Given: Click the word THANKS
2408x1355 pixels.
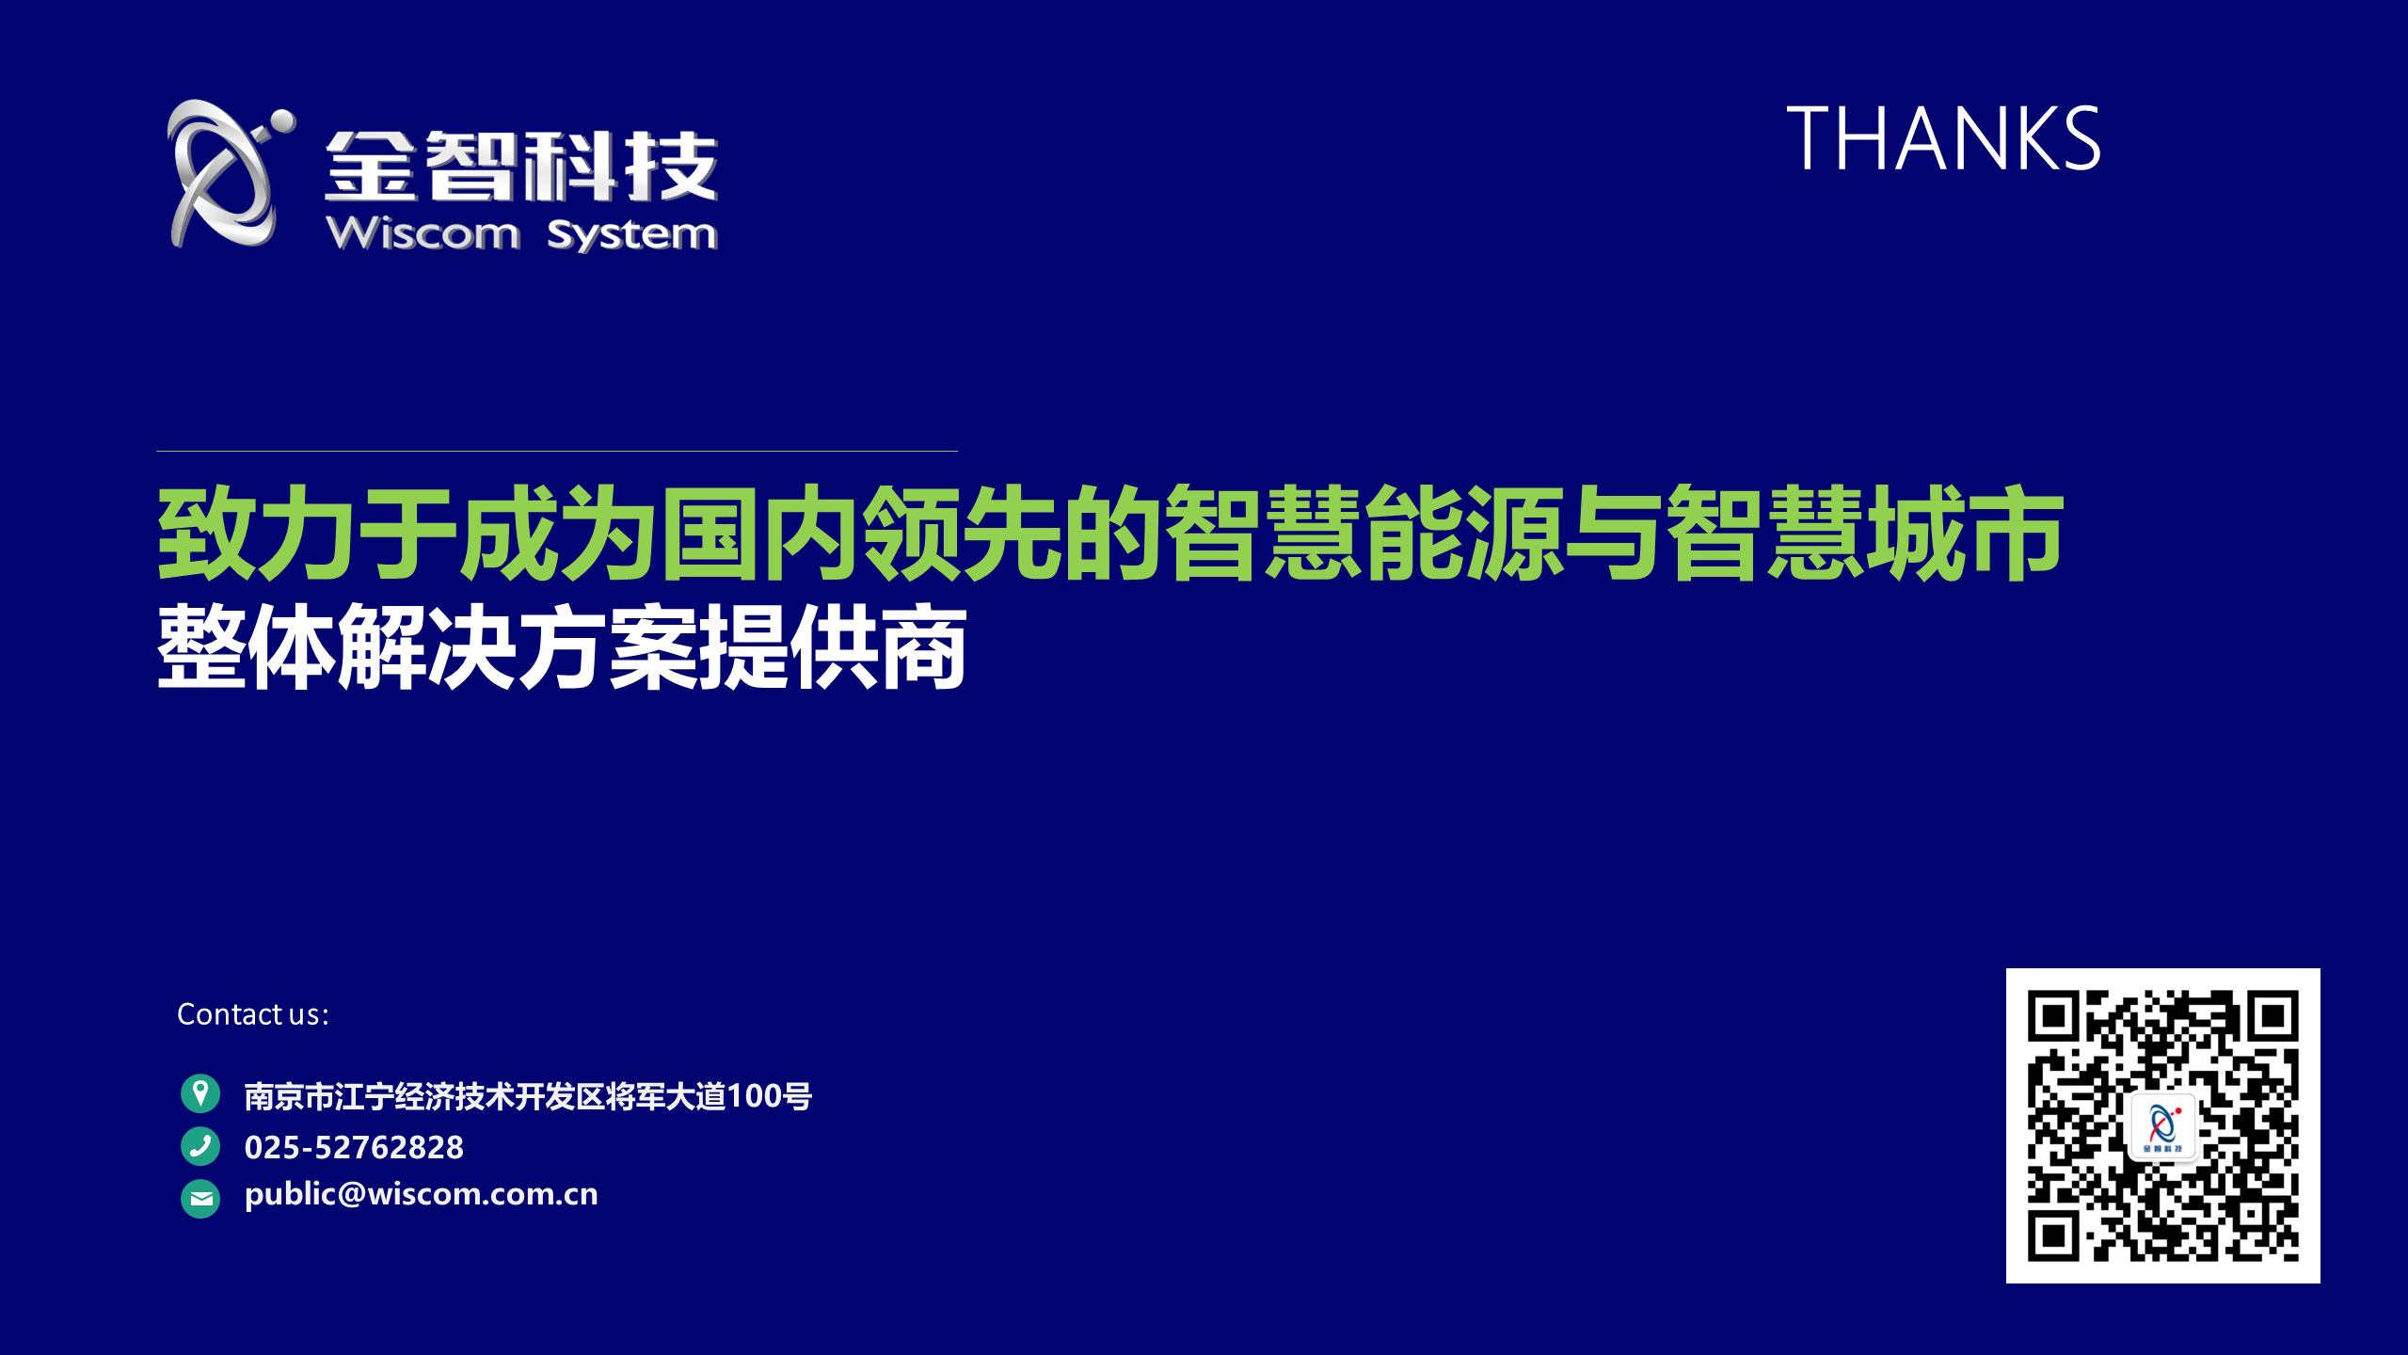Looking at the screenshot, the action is coord(1943,138).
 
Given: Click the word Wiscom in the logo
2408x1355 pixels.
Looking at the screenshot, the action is coord(423,232).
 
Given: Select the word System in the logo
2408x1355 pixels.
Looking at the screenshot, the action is coord(631,234).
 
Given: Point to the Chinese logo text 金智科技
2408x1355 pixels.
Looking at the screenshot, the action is coord(521,166).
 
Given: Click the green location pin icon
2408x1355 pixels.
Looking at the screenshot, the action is coord(200,1093).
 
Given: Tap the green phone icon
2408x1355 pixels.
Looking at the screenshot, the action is coord(200,1146).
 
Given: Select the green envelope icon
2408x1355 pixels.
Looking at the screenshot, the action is coord(200,1199).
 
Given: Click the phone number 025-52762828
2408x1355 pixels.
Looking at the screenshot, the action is coord(354,1147).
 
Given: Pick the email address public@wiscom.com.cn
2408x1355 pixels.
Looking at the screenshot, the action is coord(421,1194).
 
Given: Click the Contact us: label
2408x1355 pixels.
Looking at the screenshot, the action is coord(253,1014).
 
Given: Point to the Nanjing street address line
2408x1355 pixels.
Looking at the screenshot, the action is coord(528,1096).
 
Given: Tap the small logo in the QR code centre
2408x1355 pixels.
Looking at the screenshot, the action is coord(2162,1126).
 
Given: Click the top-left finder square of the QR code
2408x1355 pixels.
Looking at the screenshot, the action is coord(2053,1016).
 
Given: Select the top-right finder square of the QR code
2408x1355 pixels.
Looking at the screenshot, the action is coord(2273,1016).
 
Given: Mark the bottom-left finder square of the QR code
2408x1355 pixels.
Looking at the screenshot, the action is coord(2053,1235).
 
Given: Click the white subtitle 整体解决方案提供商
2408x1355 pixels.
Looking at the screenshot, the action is coord(562,646).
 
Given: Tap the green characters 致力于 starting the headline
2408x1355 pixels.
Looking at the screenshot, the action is coord(307,533).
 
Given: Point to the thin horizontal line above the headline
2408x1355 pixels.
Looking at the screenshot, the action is coord(557,451).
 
